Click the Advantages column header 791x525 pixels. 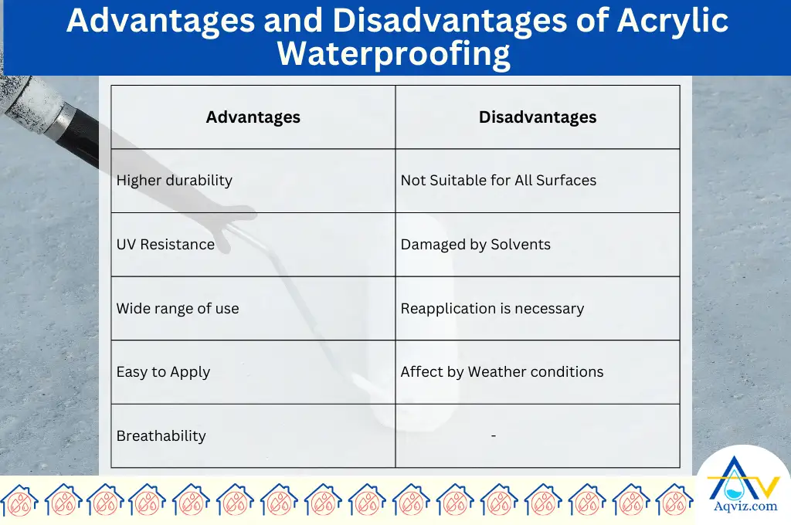click(253, 117)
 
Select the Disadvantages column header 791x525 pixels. click(538, 117)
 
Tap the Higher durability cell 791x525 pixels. click(175, 181)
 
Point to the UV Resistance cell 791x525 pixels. click(165, 245)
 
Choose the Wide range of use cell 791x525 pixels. click(178, 309)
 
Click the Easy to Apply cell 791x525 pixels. click(163, 372)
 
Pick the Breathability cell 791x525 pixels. click(161, 436)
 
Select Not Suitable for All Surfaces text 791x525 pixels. click(498, 181)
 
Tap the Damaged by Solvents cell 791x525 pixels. click(476, 245)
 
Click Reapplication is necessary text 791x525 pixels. click(492, 309)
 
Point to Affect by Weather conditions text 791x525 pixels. click(502, 372)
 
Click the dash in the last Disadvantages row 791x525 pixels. click(493, 436)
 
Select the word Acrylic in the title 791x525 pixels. click(672, 20)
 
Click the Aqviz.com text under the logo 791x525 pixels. click(742, 506)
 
